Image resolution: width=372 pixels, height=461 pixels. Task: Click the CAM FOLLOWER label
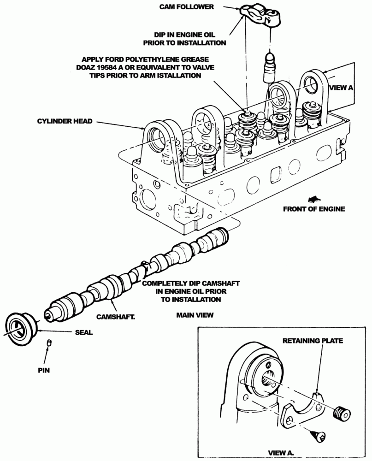(186, 7)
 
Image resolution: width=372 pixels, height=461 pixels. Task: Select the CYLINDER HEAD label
(65, 121)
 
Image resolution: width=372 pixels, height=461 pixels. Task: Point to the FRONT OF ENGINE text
(314, 209)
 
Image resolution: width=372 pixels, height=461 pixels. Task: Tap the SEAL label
(84, 332)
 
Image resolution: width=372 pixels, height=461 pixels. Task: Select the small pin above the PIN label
(49, 343)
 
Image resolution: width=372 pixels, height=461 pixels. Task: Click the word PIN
(44, 371)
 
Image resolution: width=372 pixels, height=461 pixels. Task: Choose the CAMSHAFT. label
(116, 317)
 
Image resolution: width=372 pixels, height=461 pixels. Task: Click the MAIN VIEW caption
(195, 315)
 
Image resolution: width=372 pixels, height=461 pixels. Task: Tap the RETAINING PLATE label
(313, 341)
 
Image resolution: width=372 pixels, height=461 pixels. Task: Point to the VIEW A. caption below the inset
(281, 453)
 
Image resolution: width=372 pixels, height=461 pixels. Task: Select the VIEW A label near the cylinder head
(341, 88)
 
